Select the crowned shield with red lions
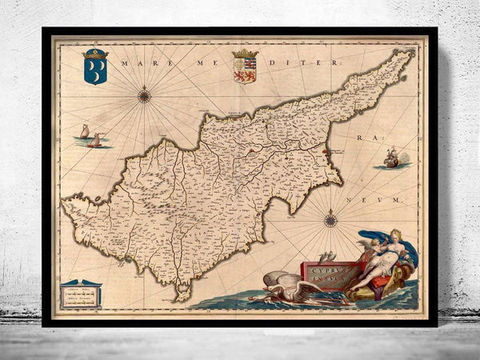(243, 66)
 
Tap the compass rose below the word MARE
(145, 97)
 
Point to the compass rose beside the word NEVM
(330, 218)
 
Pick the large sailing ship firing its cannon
(391, 158)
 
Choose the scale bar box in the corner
(81, 294)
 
